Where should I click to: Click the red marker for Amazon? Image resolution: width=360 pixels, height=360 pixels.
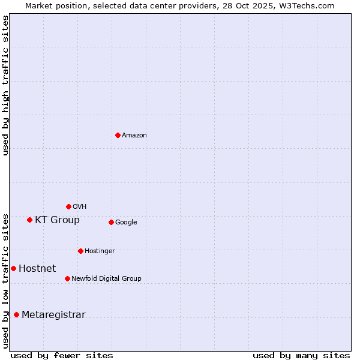[x=118, y=135]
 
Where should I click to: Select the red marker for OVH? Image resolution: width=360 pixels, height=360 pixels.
[x=68, y=206]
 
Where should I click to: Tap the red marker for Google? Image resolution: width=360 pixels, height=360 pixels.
[x=111, y=222]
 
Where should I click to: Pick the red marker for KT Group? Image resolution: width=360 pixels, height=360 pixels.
[x=29, y=220]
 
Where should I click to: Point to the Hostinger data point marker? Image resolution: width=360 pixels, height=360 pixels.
[x=80, y=251]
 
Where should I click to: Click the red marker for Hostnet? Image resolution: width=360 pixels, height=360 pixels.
[x=13, y=268]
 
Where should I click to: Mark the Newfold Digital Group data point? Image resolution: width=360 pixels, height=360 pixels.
[x=67, y=278]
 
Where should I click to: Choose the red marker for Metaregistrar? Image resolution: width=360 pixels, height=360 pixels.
[x=16, y=314]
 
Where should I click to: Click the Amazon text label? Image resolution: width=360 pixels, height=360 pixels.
[x=134, y=136]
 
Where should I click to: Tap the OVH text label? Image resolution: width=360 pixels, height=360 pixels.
[x=80, y=207]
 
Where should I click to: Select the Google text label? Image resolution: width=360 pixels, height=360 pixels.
[x=126, y=223]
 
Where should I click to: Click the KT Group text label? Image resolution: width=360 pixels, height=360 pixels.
[x=57, y=220]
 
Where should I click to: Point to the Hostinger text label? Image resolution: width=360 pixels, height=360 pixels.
[x=100, y=251]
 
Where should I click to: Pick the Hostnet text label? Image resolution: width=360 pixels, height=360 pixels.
[x=37, y=269]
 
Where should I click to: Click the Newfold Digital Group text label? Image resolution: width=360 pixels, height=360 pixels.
[x=106, y=279]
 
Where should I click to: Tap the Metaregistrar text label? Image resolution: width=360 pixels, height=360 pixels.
[x=53, y=315]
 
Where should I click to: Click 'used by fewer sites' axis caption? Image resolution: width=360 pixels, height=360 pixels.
[x=62, y=355]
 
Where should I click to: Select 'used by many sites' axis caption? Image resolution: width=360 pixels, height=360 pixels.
[x=301, y=355]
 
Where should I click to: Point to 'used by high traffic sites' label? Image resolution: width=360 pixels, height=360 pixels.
[x=5, y=85]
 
